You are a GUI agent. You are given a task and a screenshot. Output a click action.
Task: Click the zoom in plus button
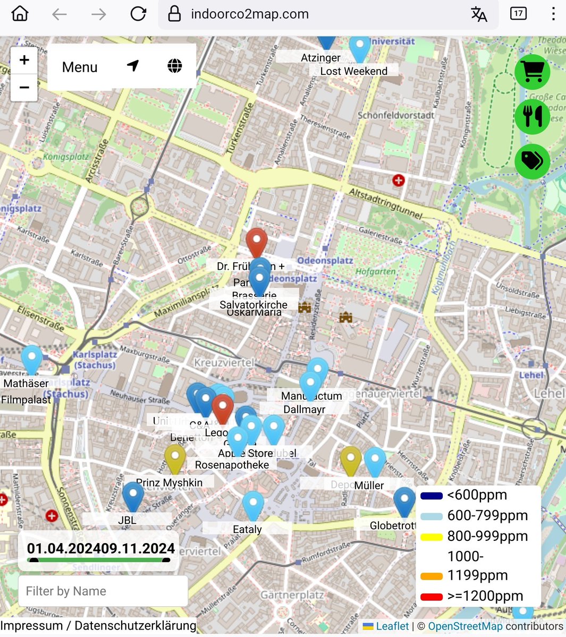(x=24, y=60)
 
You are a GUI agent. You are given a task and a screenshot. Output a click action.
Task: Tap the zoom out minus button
(x=24, y=87)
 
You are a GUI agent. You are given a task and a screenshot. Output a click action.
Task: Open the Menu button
(x=80, y=67)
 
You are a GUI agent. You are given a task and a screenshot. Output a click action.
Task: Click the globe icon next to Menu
(x=174, y=66)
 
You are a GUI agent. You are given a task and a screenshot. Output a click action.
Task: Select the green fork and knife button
(x=532, y=116)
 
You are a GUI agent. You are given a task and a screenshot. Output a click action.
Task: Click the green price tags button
(x=532, y=160)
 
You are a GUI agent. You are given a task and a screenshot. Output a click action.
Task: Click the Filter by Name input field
(x=103, y=591)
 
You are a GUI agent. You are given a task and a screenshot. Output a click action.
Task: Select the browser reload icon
(x=138, y=14)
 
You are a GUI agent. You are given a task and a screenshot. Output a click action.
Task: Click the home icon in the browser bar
(x=20, y=14)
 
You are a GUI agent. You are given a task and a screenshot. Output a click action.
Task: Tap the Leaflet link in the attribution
(x=392, y=626)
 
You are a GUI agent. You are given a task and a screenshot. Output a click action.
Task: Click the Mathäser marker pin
(x=31, y=358)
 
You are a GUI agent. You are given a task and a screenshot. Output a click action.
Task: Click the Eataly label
(x=247, y=529)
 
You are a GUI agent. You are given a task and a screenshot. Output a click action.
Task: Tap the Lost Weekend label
(x=353, y=71)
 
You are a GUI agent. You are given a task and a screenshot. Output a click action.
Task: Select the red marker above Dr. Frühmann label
(x=257, y=242)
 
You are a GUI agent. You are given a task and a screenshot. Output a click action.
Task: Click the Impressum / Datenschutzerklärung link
(x=98, y=625)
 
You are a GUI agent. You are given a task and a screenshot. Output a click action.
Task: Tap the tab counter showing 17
(x=518, y=14)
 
